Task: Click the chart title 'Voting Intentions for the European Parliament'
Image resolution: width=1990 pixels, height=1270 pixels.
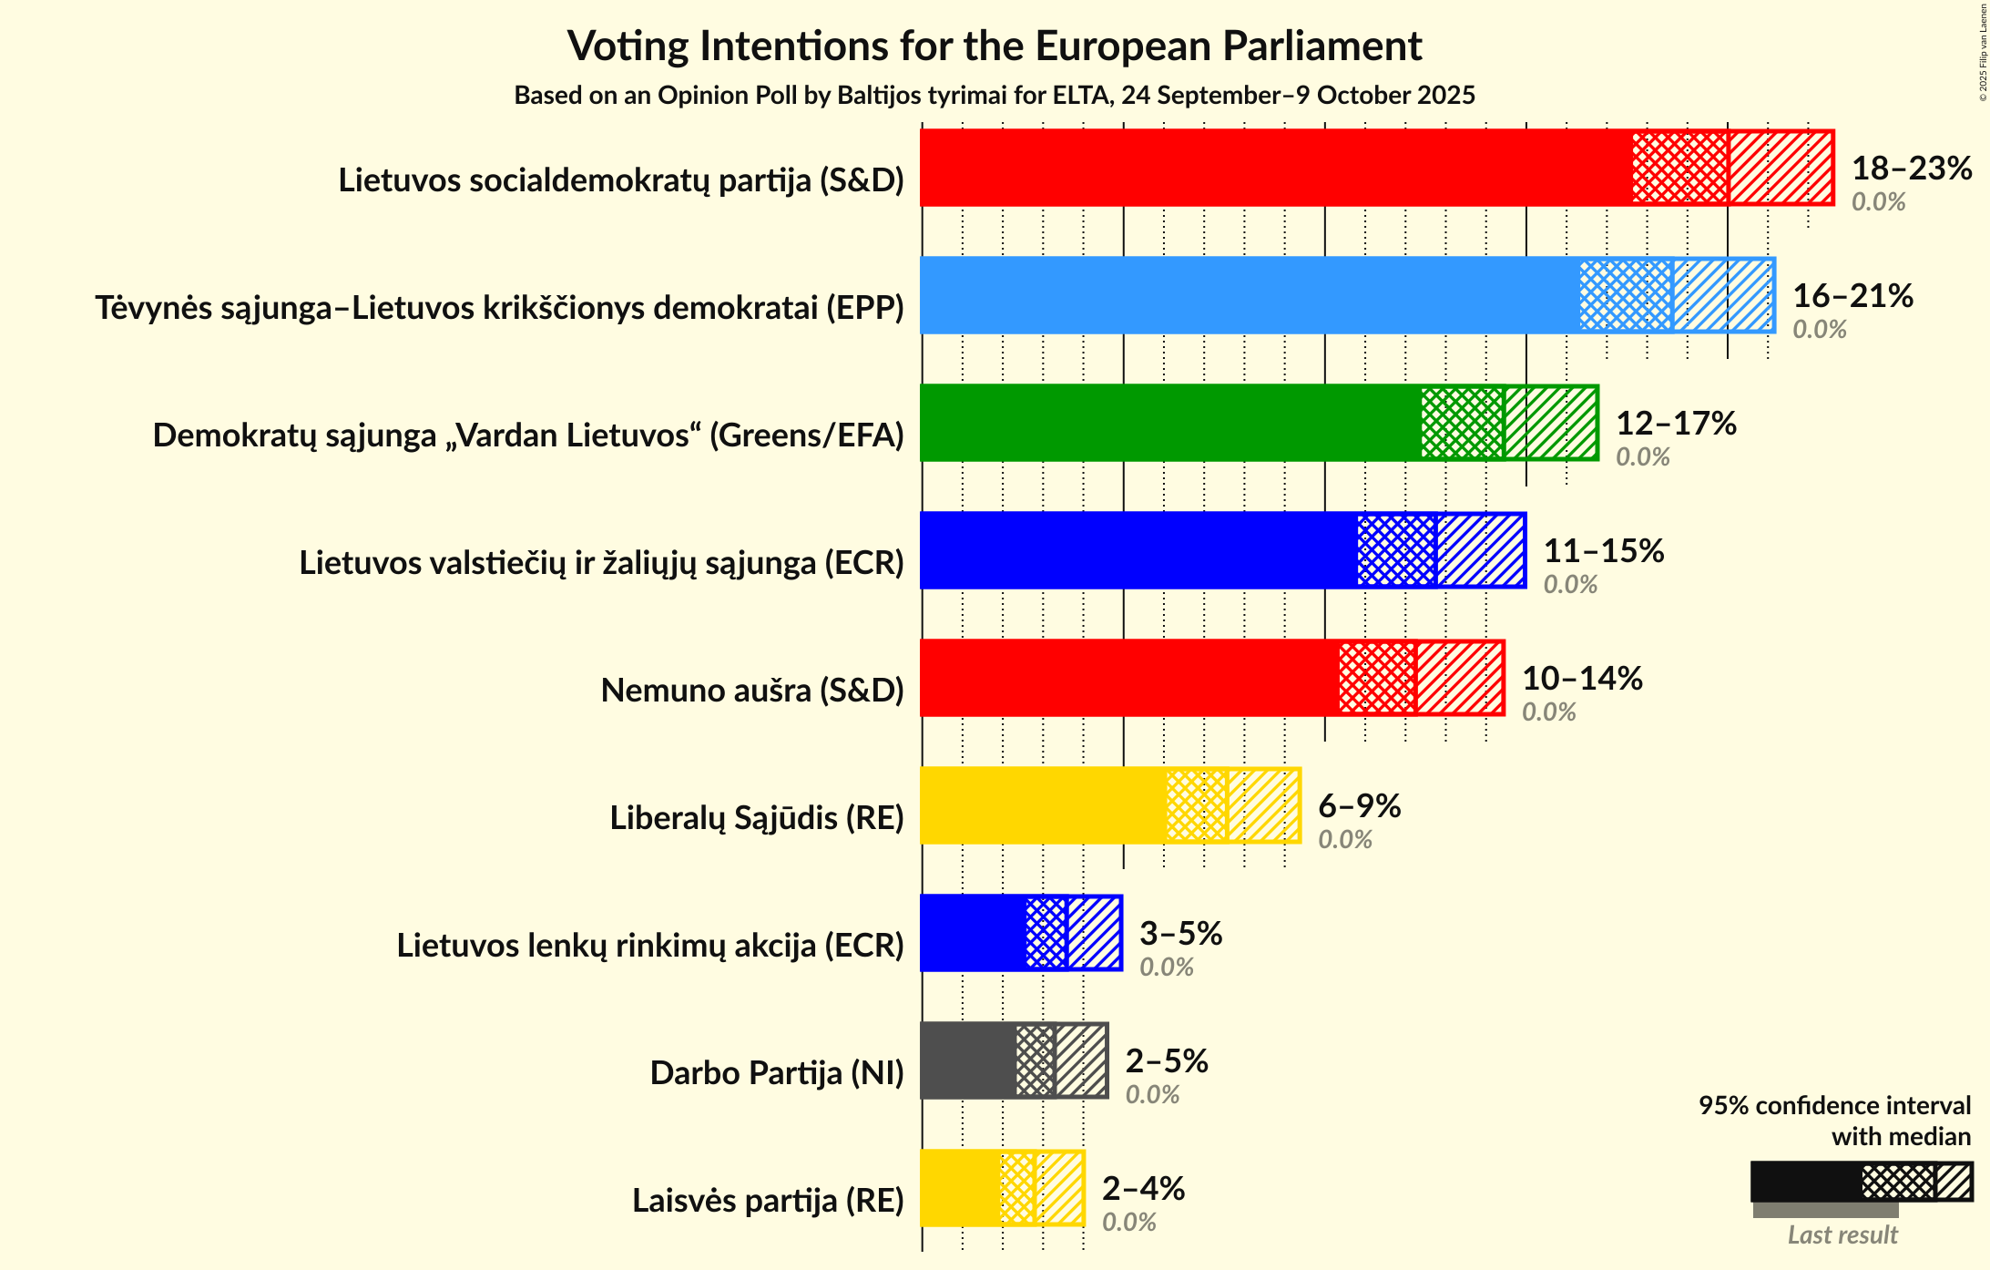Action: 995,46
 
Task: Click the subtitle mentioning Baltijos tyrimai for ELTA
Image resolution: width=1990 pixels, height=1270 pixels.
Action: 995,96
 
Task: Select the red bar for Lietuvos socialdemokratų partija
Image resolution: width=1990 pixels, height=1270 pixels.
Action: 1275,168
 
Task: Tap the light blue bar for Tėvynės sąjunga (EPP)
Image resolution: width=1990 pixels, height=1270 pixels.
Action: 1248,295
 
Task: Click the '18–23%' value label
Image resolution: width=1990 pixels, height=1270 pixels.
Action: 1912,169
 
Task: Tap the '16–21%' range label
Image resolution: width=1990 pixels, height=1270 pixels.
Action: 1852,296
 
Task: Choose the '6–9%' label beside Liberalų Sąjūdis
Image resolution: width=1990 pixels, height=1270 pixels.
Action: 1359,806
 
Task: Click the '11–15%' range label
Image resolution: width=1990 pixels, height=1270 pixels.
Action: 1603,551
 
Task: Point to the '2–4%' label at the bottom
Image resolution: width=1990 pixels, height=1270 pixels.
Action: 1143,1189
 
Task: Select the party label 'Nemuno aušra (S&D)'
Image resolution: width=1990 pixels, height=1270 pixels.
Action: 752,691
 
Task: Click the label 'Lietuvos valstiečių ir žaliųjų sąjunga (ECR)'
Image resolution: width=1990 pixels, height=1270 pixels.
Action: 601,563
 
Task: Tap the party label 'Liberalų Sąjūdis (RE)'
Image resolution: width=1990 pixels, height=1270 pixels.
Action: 756,818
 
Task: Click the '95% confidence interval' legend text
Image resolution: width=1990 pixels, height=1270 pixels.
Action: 1834,1106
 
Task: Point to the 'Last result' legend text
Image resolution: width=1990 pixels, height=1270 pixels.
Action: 1842,1235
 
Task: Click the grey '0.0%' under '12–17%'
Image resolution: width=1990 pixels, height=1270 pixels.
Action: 1642,457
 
